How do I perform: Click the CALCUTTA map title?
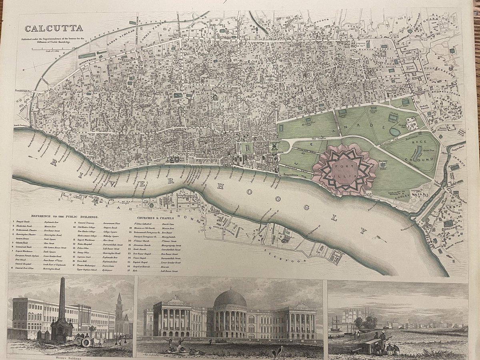point(54,28)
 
